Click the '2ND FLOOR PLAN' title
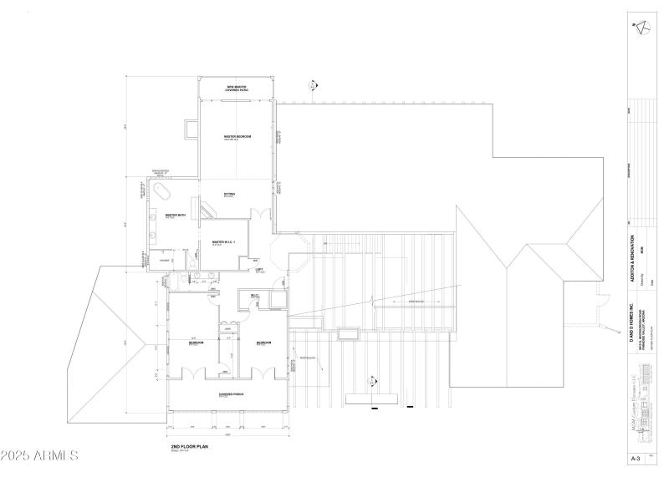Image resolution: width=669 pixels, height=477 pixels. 187,447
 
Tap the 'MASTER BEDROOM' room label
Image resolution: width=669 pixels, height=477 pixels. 237,136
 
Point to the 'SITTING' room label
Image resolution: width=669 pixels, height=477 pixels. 229,194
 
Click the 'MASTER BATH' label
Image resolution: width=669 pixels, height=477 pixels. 175,215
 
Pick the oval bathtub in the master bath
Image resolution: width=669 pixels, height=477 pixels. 159,192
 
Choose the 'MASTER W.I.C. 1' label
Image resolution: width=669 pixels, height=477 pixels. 224,242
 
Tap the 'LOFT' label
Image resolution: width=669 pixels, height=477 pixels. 259,269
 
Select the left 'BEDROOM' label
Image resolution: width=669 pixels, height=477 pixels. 194,343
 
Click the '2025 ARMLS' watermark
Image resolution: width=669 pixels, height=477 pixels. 40,457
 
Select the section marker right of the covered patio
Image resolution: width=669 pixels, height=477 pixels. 313,84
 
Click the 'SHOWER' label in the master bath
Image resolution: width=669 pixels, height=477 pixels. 165,259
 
